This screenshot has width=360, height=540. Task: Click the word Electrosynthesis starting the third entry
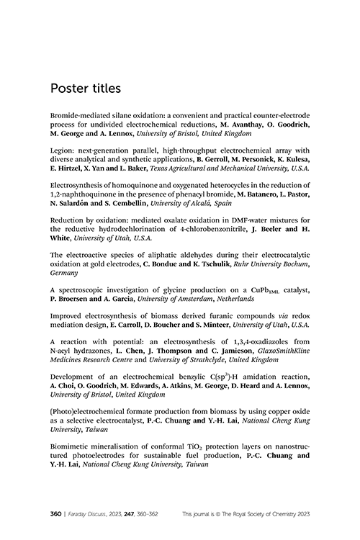pos(79,197)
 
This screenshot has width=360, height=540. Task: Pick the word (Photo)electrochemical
pos(86,448)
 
